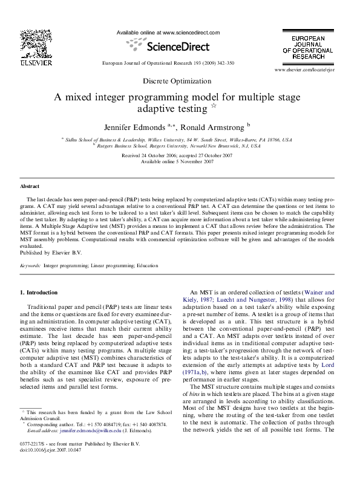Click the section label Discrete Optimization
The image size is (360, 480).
click(178, 80)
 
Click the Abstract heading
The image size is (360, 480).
click(30, 187)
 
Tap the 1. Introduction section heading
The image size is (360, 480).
click(39, 293)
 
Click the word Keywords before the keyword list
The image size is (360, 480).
click(31, 265)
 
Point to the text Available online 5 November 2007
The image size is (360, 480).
click(177, 162)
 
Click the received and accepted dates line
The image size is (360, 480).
click(177, 155)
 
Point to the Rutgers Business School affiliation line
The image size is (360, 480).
click(179, 146)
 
